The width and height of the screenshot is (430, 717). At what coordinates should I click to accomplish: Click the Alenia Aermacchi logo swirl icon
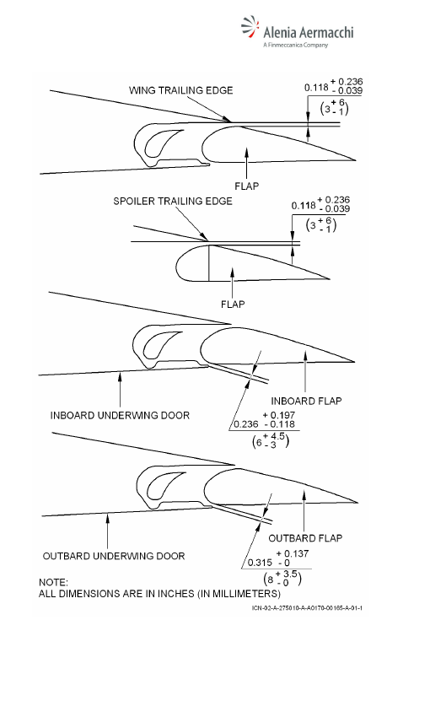pyautogui.click(x=250, y=28)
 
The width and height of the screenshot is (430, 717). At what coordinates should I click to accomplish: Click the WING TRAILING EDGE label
pyautogui.click(x=181, y=90)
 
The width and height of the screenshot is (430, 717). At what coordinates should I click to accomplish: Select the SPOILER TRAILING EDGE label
pyautogui.click(x=173, y=202)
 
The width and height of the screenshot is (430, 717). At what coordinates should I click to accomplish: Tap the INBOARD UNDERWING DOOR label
pyautogui.click(x=120, y=415)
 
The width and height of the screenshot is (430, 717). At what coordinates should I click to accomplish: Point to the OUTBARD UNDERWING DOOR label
pyautogui.click(x=114, y=556)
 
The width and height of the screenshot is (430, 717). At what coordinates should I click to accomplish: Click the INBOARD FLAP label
pyautogui.click(x=306, y=401)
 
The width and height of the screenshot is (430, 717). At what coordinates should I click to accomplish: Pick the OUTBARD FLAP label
pyautogui.click(x=305, y=538)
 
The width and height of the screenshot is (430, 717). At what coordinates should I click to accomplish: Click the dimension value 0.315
pyautogui.click(x=259, y=563)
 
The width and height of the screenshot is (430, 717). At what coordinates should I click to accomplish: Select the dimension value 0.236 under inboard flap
pyautogui.click(x=246, y=424)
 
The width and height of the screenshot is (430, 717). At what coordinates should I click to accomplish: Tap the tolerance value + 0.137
pyautogui.click(x=293, y=553)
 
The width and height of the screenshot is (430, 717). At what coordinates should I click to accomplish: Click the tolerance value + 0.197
pyautogui.click(x=279, y=415)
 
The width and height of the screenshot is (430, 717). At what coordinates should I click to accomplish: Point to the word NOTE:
pyautogui.click(x=53, y=583)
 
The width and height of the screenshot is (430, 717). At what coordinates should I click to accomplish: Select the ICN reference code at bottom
pyautogui.click(x=307, y=608)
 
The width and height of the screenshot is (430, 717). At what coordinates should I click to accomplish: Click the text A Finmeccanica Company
pyautogui.click(x=295, y=45)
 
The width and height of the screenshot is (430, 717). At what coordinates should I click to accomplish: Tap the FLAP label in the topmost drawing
pyautogui.click(x=247, y=186)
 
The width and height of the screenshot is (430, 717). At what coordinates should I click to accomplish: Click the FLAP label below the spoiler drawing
pyautogui.click(x=233, y=304)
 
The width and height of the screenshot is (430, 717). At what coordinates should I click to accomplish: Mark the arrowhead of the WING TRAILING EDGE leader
pyautogui.click(x=228, y=121)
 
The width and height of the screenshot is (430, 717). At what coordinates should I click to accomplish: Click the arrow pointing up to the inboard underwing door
pyautogui.click(x=121, y=390)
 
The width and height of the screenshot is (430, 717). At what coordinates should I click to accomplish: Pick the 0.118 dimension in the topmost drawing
pyautogui.click(x=317, y=87)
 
